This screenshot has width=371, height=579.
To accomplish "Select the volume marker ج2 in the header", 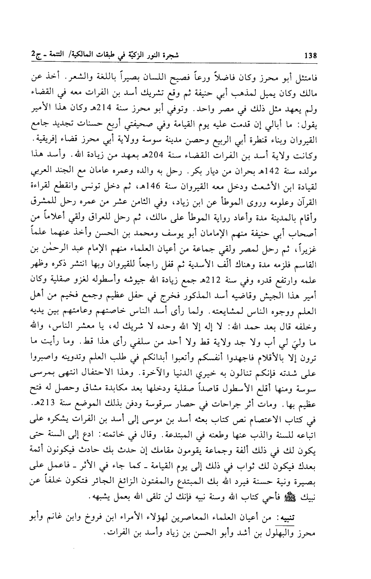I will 28,55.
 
